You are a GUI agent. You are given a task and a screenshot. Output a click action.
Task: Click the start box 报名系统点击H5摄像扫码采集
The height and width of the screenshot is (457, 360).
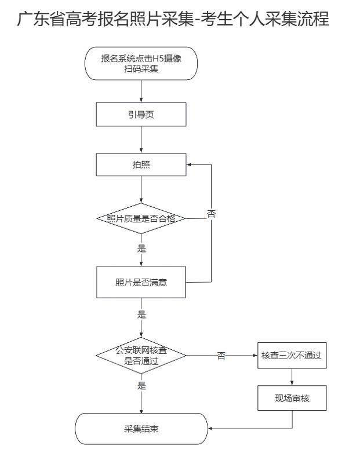click(141, 64)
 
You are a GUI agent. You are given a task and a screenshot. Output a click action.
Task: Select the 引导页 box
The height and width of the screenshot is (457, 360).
click(141, 114)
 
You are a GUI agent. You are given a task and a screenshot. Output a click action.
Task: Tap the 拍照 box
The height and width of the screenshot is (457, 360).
click(141, 164)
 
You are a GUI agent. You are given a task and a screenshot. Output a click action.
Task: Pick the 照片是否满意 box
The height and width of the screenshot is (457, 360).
click(141, 283)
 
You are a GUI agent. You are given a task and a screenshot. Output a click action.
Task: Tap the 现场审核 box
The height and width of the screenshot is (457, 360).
click(291, 400)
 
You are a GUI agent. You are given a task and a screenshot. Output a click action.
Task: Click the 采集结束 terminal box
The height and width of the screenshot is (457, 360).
click(141, 429)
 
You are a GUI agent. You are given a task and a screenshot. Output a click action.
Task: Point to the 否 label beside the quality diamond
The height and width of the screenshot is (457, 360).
click(212, 214)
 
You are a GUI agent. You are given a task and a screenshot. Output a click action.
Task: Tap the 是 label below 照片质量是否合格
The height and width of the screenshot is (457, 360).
click(141, 249)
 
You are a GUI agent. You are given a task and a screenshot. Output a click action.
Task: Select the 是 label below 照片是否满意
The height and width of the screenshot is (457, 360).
click(141, 315)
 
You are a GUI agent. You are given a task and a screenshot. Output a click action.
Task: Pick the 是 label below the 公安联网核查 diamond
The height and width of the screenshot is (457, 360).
click(141, 385)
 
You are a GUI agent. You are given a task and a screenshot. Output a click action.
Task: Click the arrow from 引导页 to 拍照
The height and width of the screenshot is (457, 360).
click(141, 140)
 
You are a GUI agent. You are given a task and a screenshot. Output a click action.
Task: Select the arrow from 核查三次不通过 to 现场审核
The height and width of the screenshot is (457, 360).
click(291, 378)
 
